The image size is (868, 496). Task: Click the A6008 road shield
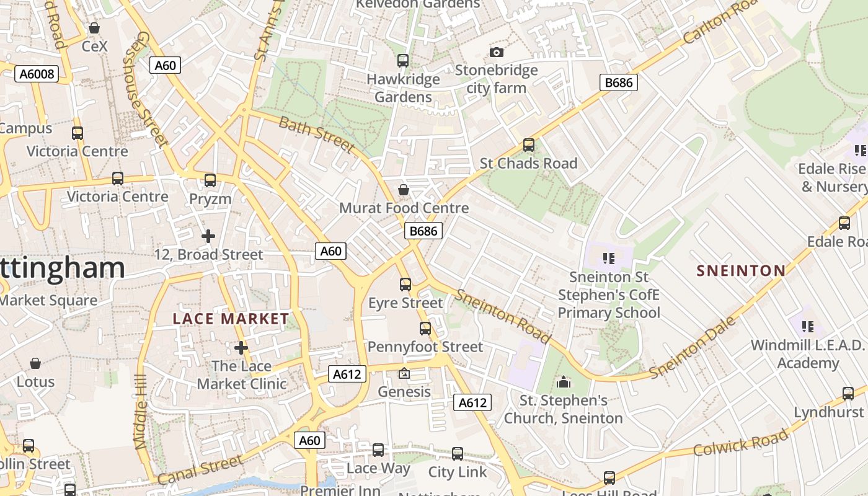point(37,74)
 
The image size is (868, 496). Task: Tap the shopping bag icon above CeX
point(94,28)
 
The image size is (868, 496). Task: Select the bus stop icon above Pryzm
point(210,180)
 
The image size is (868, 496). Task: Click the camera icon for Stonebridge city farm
point(496,52)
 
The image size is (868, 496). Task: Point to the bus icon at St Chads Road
point(528,145)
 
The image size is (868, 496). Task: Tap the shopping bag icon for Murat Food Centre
point(404,189)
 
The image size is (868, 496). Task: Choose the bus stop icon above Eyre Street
point(405,285)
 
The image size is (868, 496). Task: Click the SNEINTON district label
point(741,270)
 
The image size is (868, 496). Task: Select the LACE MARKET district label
point(231,319)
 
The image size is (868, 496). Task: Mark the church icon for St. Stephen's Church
point(563,382)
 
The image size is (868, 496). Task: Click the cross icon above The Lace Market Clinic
point(241,348)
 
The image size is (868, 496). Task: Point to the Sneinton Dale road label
point(693,348)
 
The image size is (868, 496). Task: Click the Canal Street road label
point(200,470)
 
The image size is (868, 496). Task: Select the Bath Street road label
point(317,134)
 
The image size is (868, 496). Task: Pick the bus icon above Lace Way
point(378,450)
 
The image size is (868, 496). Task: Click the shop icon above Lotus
point(35,363)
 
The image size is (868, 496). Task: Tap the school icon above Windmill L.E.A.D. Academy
point(807,326)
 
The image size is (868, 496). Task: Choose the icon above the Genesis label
point(404,373)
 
